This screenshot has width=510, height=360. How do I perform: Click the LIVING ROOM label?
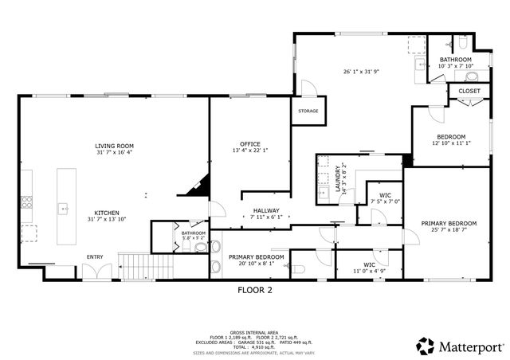coord(114,146)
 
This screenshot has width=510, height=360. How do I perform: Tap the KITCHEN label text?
coord(108,213)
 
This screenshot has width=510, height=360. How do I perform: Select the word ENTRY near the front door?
coord(95,256)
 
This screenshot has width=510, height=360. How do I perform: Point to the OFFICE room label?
coord(250,143)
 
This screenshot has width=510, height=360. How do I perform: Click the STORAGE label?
coord(308,111)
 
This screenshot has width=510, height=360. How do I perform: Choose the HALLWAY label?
coord(265,210)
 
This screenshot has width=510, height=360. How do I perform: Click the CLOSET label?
coord(469,92)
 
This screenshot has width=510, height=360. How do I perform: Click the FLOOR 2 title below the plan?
coord(255,291)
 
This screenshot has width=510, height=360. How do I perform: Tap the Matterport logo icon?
coord(426,346)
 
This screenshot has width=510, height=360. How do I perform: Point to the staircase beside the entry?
coord(146,264)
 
